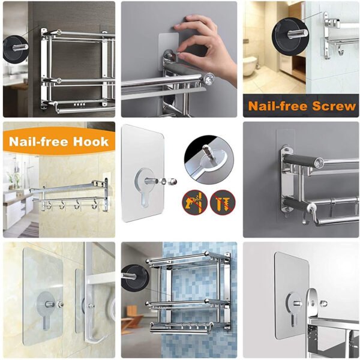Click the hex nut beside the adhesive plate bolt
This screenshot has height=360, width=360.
tap(172, 180)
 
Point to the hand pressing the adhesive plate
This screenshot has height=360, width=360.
tap(197, 36)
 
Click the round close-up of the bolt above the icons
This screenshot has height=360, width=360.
tap(206, 159)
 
